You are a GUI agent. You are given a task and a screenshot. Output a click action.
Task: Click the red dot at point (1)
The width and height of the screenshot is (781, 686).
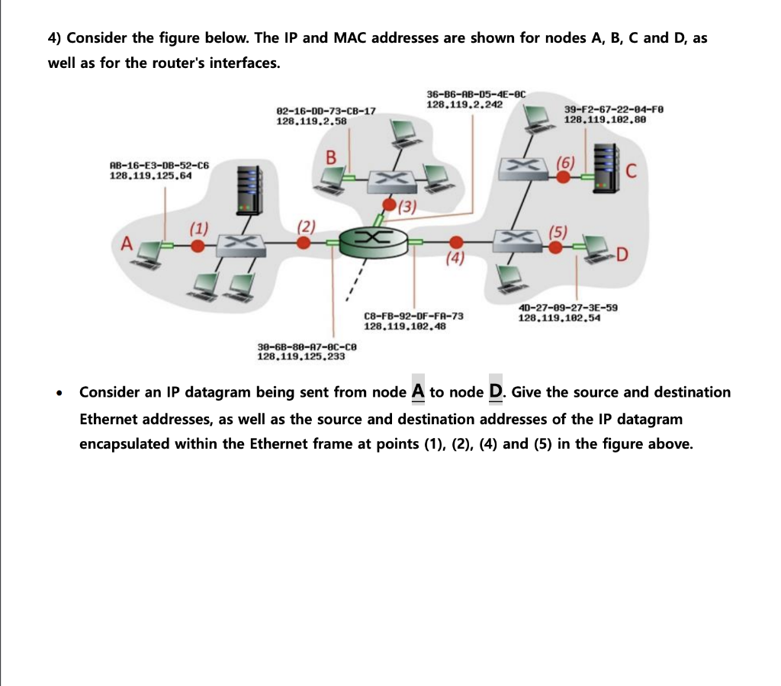click(x=198, y=245)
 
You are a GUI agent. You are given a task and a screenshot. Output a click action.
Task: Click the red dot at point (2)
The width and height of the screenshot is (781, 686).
click(x=304, y=243)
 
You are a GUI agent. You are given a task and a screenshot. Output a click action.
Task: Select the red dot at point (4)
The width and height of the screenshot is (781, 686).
click(x=455, y=241)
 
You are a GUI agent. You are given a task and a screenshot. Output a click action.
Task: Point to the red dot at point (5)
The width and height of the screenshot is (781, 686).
click(x=557, y=246)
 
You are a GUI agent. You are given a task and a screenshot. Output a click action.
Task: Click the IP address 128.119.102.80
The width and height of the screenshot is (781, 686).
click(x=604, y=120)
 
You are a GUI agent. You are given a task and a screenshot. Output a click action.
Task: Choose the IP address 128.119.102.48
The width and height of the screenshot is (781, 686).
click(x=404, y=326)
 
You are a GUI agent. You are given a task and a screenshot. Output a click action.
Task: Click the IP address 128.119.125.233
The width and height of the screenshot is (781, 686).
click(x=301, y=356)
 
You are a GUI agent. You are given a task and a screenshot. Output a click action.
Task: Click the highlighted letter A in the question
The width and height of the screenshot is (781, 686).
click(x=418, y=391)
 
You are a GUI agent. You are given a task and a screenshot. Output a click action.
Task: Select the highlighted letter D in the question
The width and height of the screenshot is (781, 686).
click(x=496, y=391)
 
